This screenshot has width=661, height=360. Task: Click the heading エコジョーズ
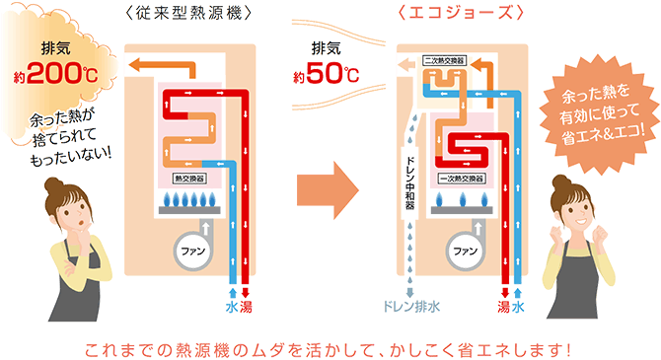point(454,14)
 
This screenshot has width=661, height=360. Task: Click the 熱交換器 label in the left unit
point(189,180)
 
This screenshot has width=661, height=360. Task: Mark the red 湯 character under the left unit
point(247,308)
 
